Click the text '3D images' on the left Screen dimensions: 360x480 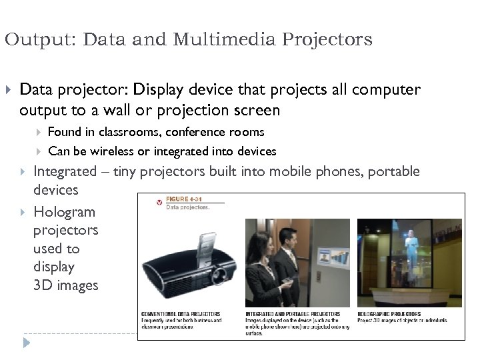click(x=65, y=285)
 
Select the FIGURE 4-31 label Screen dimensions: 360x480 click(x=184, y=199)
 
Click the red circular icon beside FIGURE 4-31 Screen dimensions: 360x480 click(x=158, y=201)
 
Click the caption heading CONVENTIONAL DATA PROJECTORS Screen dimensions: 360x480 click(x=181, y=313)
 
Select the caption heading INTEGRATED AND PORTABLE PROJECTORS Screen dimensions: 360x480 click(x=293, y=313)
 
